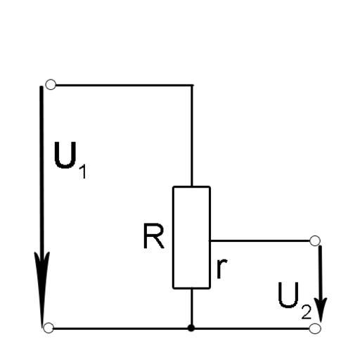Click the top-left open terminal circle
click(x=51, y=84)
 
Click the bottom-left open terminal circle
click(x=49, y=328)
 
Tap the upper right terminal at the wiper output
click(x=315, y=240)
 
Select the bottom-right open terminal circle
click(x=315, y=328)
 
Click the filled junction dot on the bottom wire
click(x=191, y=328)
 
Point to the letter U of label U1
click(x=65, y=155)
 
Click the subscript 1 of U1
click(x=83, y=172)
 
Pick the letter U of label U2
click(x=288, y=295)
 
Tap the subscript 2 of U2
click(x=307, y=312)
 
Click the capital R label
click(x=153, y=236)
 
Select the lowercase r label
click(x=221, y=269)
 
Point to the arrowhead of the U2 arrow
click(x=321, y=310)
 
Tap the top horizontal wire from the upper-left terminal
click(x=124, y=85)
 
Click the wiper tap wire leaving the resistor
click(x=259, y=240)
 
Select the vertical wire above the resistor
click(x=192, y=136)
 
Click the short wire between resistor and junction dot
click(x=191, y=307)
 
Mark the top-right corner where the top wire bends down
click(x=192, y=85)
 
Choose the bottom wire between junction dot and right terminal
click(x=252, y=328)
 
